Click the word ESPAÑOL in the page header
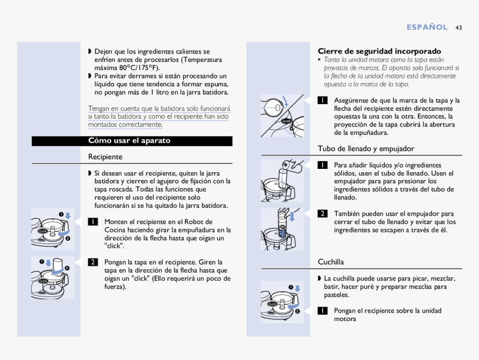pos(427,27)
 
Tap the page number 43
pos(458,27)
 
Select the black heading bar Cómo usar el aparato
pos(132,141)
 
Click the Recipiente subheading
pos(105,157)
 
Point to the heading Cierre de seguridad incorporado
pos(379,51)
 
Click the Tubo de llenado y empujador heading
pos(366,149)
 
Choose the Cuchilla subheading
pos(331,262)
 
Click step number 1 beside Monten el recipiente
pos(92,222)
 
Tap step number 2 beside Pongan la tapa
pos(92,262)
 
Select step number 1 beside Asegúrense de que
pos(322,101)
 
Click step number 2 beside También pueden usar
pos(322,214)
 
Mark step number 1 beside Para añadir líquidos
pos(322,166)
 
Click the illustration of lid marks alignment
pos(282,116)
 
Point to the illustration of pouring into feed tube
pos(282,180)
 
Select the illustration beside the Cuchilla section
pos(282,301)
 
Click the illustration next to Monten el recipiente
pos(53,228)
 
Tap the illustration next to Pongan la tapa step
pos(53,278)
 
